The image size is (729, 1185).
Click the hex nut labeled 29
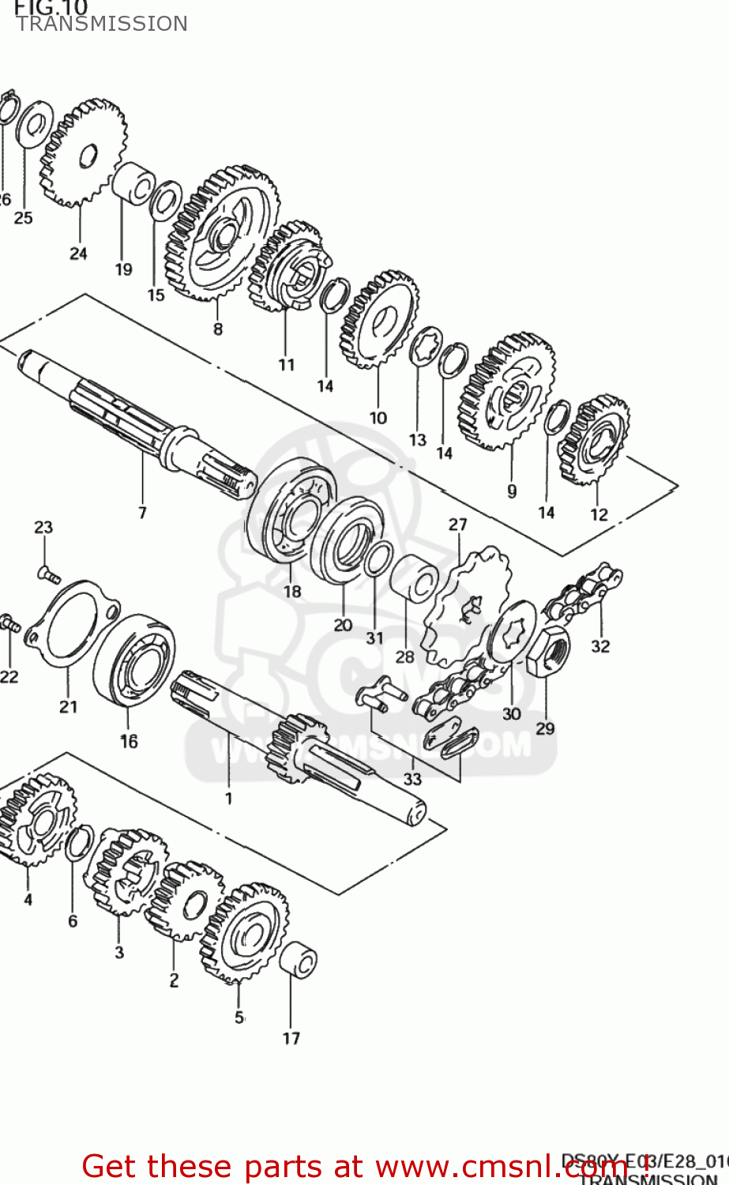click(x=548, y=653)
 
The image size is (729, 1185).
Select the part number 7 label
click(x=142, y=513)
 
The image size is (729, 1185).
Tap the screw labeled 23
click(x=48, y=574)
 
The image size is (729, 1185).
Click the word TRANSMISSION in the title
click(x=102, y=24)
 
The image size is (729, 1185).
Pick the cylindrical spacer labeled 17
click(x=299, y=959)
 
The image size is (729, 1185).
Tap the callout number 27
click(x=458, y=524)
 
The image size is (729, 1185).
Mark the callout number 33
click(x=412, y=778)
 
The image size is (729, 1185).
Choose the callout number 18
click(x=292, y=591)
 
